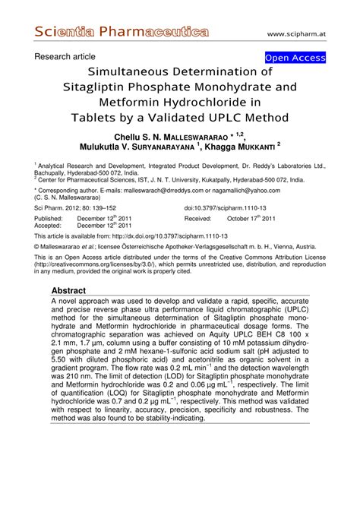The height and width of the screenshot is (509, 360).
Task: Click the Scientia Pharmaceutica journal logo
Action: coord(121,32)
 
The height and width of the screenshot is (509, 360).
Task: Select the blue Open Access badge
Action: coord(295,58)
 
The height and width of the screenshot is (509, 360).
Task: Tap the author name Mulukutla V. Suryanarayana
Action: coord(145,145)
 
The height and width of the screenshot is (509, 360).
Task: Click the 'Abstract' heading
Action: coord(69,291)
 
